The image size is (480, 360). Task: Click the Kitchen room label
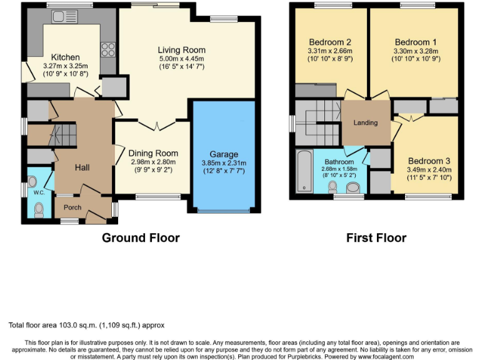pyautogui.click(x=65, y=57)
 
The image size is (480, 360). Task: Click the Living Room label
pyautogui.click(x=181, y=50)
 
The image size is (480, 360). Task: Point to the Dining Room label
pyautogui.click(x=153, y=153)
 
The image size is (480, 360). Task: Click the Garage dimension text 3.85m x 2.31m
pyautogui.click(x=224, y=164)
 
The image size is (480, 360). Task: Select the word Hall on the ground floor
pyautogui.click(x=82, y=167)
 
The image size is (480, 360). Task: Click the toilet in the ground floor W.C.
pyautogui.click(x=39, y=208)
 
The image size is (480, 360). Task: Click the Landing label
pyautogui.click(x=366, y=122)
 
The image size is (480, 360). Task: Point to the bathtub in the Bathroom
pyautogui.click(x=304, y=171)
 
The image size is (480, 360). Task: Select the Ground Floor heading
pyautogui.click(x=141, y=237)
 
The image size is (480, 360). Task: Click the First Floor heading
pyautogui.click(x=376, y=237)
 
